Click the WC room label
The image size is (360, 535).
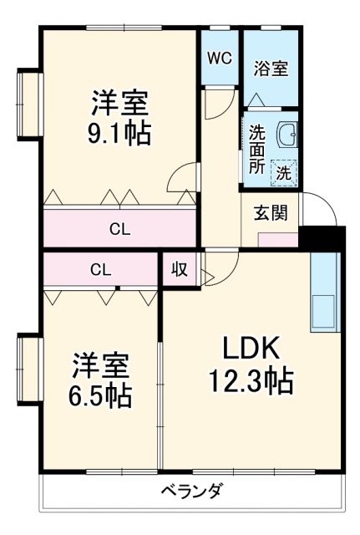[219, 59]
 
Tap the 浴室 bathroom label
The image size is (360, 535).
[271, 69]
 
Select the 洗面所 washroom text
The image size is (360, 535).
[256, 149]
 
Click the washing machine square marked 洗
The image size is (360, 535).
[284, 173]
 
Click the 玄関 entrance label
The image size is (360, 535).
[270, 212]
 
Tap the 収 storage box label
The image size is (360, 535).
[180, 269]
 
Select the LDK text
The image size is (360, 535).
[252, 347]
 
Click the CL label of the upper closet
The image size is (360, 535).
[119, 228]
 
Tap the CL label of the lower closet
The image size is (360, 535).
[100, 269]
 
